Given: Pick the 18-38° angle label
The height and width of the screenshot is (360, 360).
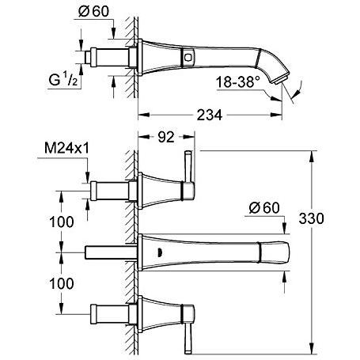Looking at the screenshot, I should [241, 81].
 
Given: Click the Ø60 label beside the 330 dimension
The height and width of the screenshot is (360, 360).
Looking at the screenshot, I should [261, 207].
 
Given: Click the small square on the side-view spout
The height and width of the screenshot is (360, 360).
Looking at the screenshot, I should [189, 56].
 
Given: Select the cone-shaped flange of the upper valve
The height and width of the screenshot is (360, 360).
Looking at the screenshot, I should [158, 188].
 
